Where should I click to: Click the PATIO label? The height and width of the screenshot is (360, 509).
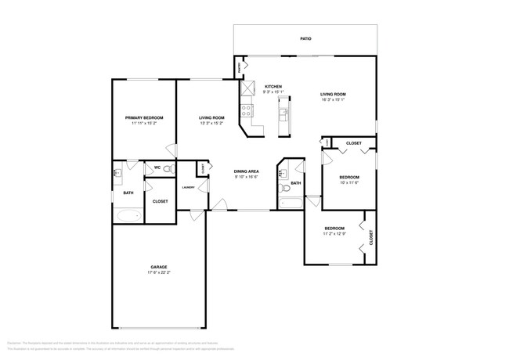tap(306, 37)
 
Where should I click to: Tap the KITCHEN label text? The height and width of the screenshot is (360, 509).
tap(273, 87)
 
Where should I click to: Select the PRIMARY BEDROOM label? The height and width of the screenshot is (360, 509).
tap(144, 117)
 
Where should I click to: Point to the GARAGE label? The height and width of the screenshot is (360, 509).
tap(159, 267)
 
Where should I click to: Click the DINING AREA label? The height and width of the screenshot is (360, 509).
tap(247, 171)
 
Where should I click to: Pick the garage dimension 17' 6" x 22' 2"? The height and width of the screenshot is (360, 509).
tap(159, 272)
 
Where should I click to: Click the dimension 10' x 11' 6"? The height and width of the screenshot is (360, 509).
tap(348, 182)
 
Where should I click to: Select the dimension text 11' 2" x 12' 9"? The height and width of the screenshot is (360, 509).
tap(334, 233)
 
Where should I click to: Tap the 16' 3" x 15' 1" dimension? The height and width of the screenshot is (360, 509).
tap(334, 99)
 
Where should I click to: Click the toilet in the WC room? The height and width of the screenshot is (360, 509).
tap(168, 167)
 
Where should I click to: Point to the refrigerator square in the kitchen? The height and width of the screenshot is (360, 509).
tap(248, 88)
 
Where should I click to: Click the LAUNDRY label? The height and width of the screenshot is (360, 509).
tap(189, 187)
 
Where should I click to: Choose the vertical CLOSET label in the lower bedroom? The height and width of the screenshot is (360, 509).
tap(370, 236)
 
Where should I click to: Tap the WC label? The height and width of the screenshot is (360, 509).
tap(157, 167)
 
